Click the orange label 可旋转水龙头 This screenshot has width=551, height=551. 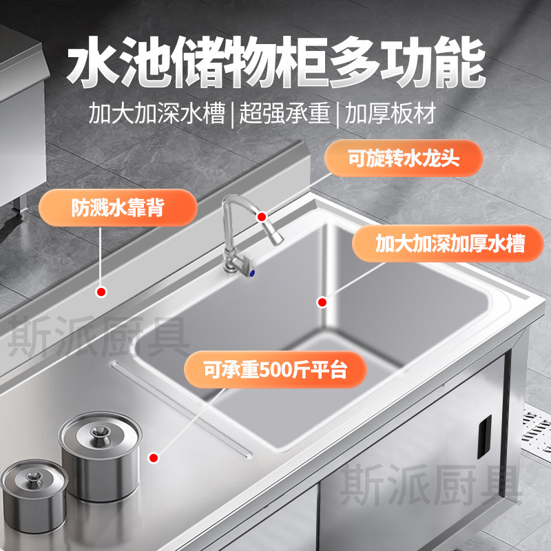point(404,158)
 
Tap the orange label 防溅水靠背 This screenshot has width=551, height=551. point(118,208)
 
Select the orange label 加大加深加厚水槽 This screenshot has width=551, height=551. point(448,244)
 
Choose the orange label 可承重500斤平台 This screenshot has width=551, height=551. point(275,369)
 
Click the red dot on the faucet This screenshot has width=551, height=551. point(262,217)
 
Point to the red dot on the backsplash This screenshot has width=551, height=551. point(101,291)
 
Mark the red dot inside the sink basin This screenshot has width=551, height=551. point(322,302)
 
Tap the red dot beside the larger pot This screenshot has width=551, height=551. point(154,457)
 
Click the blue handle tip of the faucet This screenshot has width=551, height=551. point(251,273)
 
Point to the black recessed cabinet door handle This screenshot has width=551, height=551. point(484,437)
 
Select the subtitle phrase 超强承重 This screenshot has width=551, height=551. point(284,113)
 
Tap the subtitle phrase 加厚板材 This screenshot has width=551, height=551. point(390,113)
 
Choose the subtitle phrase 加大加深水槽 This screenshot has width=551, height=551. point(157,113)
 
